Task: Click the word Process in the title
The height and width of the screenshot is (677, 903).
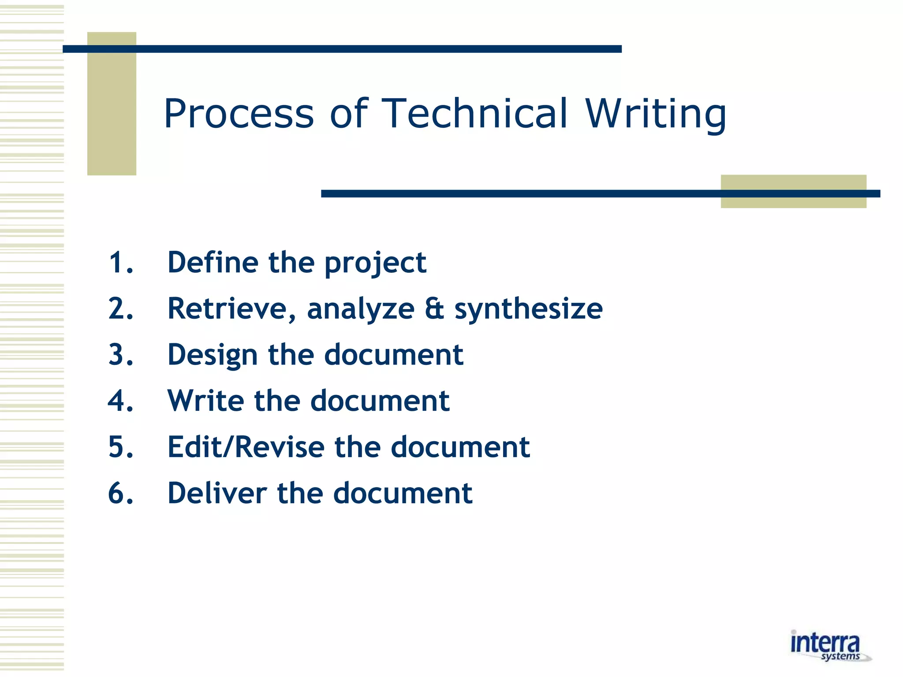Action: point(239,114)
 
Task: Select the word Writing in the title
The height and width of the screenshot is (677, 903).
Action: point(656,114)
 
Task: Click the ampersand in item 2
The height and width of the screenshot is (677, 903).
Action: point(434,309)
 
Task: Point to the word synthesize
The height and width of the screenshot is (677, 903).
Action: point(528,309)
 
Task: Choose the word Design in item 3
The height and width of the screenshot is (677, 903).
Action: point(213,355)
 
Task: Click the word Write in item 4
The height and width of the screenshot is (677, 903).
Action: point(205,401)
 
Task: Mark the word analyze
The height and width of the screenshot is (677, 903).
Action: point(361,309)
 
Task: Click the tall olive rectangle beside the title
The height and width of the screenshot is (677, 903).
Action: point(112,104)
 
